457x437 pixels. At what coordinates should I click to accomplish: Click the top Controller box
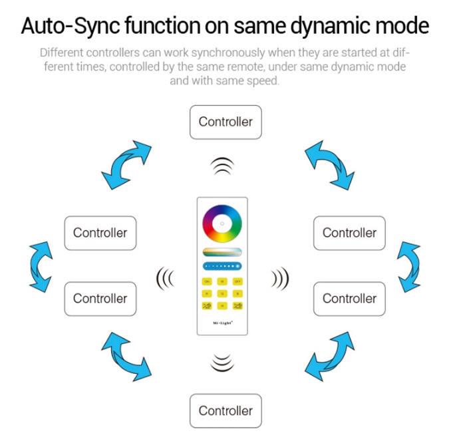[226, 122]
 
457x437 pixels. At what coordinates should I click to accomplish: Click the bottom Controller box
[226, 410]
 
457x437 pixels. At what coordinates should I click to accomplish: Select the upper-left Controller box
[100, 233]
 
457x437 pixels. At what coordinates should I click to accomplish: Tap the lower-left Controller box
[100, 299]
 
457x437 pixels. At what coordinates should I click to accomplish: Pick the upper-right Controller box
[349, 233]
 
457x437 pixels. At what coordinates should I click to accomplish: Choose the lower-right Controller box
[349, 299]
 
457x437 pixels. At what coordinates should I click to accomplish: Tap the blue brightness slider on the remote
[223, 266]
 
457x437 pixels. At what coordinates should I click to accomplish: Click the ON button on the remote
[207, 282]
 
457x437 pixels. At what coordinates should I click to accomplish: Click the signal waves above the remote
[223, 166]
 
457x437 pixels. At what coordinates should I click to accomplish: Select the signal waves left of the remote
[164, 277]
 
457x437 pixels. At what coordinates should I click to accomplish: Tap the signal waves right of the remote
[279, 277]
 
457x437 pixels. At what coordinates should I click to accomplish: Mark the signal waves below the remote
[223, 363]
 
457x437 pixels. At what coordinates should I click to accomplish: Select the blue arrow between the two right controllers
[408, 266]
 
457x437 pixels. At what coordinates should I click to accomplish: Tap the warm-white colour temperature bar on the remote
[223, 251]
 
